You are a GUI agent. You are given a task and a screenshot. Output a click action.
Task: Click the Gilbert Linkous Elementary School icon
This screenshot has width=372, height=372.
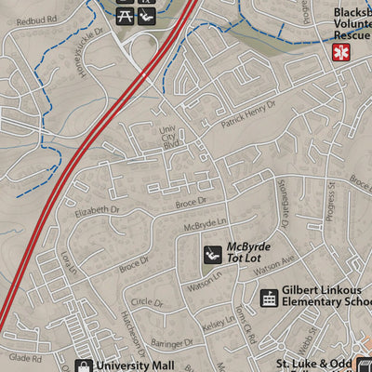269,298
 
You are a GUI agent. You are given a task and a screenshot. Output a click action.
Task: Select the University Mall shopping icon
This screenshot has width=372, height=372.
84,365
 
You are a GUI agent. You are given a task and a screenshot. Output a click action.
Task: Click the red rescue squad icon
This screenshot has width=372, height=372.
342,52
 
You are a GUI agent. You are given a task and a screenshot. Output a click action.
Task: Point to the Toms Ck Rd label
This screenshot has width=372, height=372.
244,320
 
